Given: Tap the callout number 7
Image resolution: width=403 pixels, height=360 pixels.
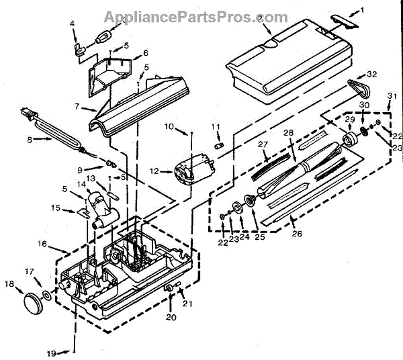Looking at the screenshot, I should (77, 107).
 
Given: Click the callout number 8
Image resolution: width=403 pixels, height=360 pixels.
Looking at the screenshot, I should (30, 140).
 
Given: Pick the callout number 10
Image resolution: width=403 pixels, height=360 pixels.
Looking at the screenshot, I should (170, 126).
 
